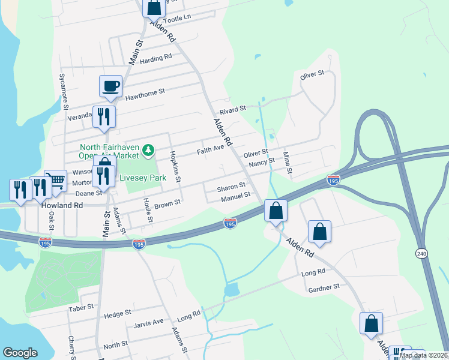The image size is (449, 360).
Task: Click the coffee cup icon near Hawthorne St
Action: (111, 86)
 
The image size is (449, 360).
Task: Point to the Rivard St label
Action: (233, 109)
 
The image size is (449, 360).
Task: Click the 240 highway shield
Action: (420, 254)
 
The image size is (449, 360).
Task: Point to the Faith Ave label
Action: (211, 148)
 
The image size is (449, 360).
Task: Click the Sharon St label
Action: (231, 187)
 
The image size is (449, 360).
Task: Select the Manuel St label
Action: (235, 196)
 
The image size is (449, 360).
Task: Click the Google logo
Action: (20, 353)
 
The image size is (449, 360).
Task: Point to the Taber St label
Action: (81, 307)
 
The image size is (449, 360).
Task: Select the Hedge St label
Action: (118, 314)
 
